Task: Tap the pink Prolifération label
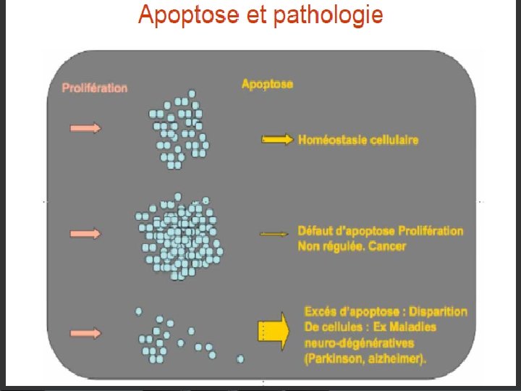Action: (x=95, y=88)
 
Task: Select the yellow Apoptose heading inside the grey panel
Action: (x=267, y=84)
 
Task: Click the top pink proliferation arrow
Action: (x=85, y=128)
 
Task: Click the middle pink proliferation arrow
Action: (x=85, y=233)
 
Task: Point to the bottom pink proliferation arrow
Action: (x=85, y=333)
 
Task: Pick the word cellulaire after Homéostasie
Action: (x=395, y=140)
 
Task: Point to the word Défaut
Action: (x=315, y=231)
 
